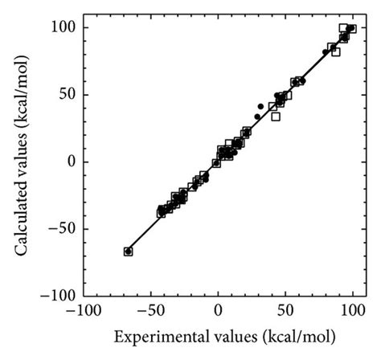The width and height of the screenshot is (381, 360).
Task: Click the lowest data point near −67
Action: coord(128,252)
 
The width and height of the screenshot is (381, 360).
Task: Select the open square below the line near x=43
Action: coord(276,117)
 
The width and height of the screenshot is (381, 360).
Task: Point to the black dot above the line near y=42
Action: coord(260,106)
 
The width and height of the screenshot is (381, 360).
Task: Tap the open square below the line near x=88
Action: coord(336,52)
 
